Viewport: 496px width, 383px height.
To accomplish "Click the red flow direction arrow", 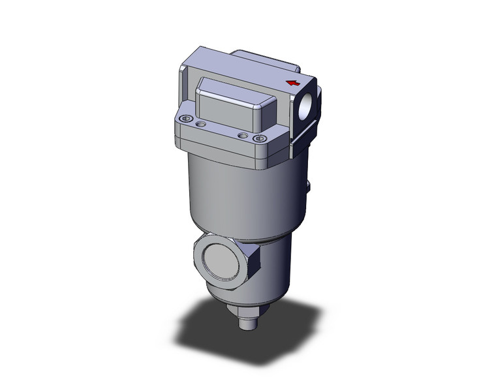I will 293,83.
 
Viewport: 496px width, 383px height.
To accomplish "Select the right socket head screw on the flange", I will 262,138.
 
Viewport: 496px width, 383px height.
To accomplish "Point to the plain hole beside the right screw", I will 243,135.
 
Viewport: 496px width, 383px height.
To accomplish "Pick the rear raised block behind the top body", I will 261,58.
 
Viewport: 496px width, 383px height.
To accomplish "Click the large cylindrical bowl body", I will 241,196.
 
